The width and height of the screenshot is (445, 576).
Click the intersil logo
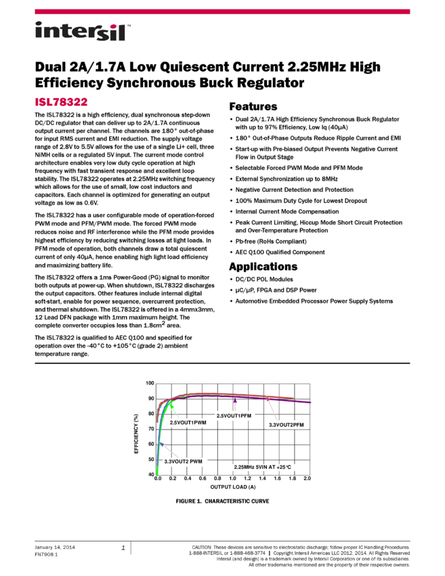83,32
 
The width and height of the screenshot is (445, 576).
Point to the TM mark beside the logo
129,22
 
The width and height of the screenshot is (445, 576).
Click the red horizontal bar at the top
222,12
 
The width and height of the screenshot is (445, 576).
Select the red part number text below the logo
61,102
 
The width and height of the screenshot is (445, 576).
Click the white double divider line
222,363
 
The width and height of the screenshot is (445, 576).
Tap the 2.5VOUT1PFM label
234,415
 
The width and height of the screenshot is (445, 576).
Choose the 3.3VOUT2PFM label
287,425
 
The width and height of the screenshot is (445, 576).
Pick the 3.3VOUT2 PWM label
183,461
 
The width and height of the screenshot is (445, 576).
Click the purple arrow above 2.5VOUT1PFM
235,403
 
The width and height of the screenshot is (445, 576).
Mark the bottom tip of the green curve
158,475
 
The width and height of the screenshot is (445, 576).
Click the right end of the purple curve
311,402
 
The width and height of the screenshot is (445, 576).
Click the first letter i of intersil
38,32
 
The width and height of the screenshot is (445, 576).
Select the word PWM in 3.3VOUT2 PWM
195,461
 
